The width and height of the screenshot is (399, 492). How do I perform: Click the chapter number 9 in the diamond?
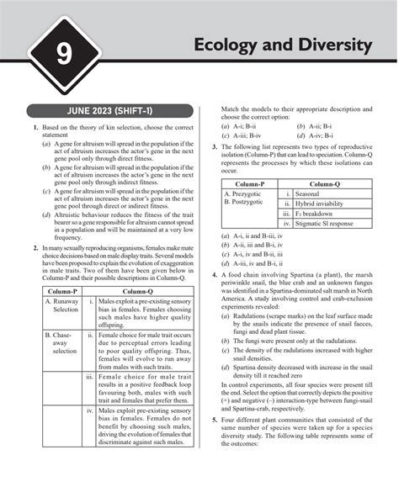point(63,57)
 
